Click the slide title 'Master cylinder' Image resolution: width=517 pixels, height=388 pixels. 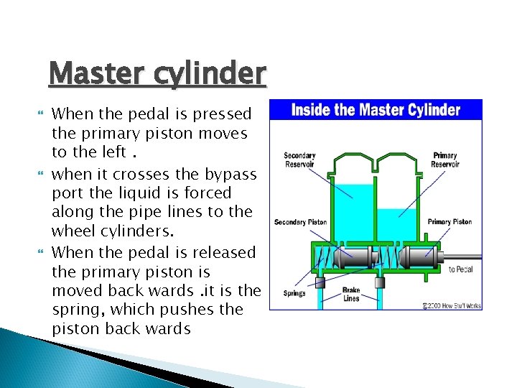tap(157, 73)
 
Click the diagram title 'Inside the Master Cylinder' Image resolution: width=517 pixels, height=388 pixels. tap(376, 110)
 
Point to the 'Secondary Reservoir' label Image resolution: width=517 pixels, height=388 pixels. tap(299, 160)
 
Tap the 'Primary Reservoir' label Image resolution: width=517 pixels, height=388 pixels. tap(445, 160)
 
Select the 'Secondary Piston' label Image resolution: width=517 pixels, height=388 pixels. tap(300, 222)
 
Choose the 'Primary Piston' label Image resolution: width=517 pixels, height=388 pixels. tap(450, 222)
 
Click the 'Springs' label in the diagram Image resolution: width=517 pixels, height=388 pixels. tap(294, 292)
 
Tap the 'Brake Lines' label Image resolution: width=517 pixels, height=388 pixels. tap(352, 295)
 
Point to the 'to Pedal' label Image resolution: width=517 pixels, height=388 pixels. tap(461, 269)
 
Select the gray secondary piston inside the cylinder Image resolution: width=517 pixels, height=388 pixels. tap(358, 259)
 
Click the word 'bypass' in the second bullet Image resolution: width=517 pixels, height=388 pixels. tap(229, 173)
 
